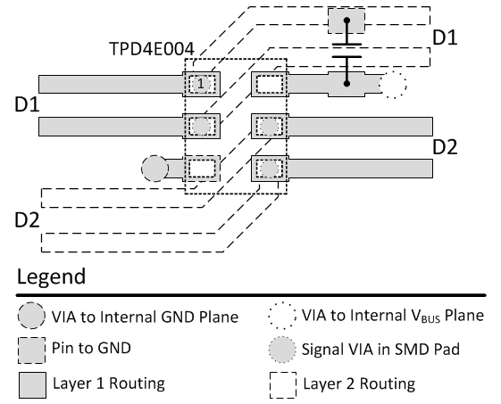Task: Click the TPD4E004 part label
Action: pyautogui.click(x=152, y=49)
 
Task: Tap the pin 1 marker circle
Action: pyautogui.click(x=201, y=84)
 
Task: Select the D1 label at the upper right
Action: pyautogui.click(x=445, y=37)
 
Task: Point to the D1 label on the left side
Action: pyautogui.click(x=27, y=104)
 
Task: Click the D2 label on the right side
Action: pyautogui.click(x=445, y=147)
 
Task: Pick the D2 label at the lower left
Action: pyautogui.click(x=27, y=220)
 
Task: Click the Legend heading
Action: pyautogui.click(x=51, y=276)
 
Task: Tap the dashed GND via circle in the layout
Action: pyautogui.click(x=154, y=169)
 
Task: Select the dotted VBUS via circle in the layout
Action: pyautogui.click(x=393, y=85)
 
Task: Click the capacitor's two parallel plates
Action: pyautogui.click(x=347, y=51)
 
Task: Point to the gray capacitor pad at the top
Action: pyautogui.click(x=347, y=21)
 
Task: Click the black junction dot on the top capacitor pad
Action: pyautogui.click(x=347, y=21)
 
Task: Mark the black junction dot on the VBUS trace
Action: pyautogui.click(x=347, y=84)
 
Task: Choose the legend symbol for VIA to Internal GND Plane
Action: pyautogui.click(x=31, y=316)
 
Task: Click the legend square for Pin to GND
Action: pyautogui.click(x=31, y=350)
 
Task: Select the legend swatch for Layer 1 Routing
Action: pyautogui.click(x=32, y=385)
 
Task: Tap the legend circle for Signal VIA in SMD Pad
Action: pyautogui.click(x=282, y=350)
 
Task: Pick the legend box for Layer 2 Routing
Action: pyautogui.click(x=283, y=385)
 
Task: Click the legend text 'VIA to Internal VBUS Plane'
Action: pyautogui.click(x=393, y=316)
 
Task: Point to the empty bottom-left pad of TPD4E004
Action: pyautogui.click(x=202, y=169)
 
